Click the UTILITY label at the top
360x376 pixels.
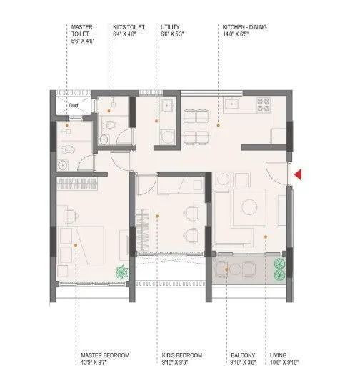click(x=171, y=32)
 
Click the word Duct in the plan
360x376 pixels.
click(x=73, y=106)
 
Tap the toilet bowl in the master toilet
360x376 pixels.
click(x=67, y=149)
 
